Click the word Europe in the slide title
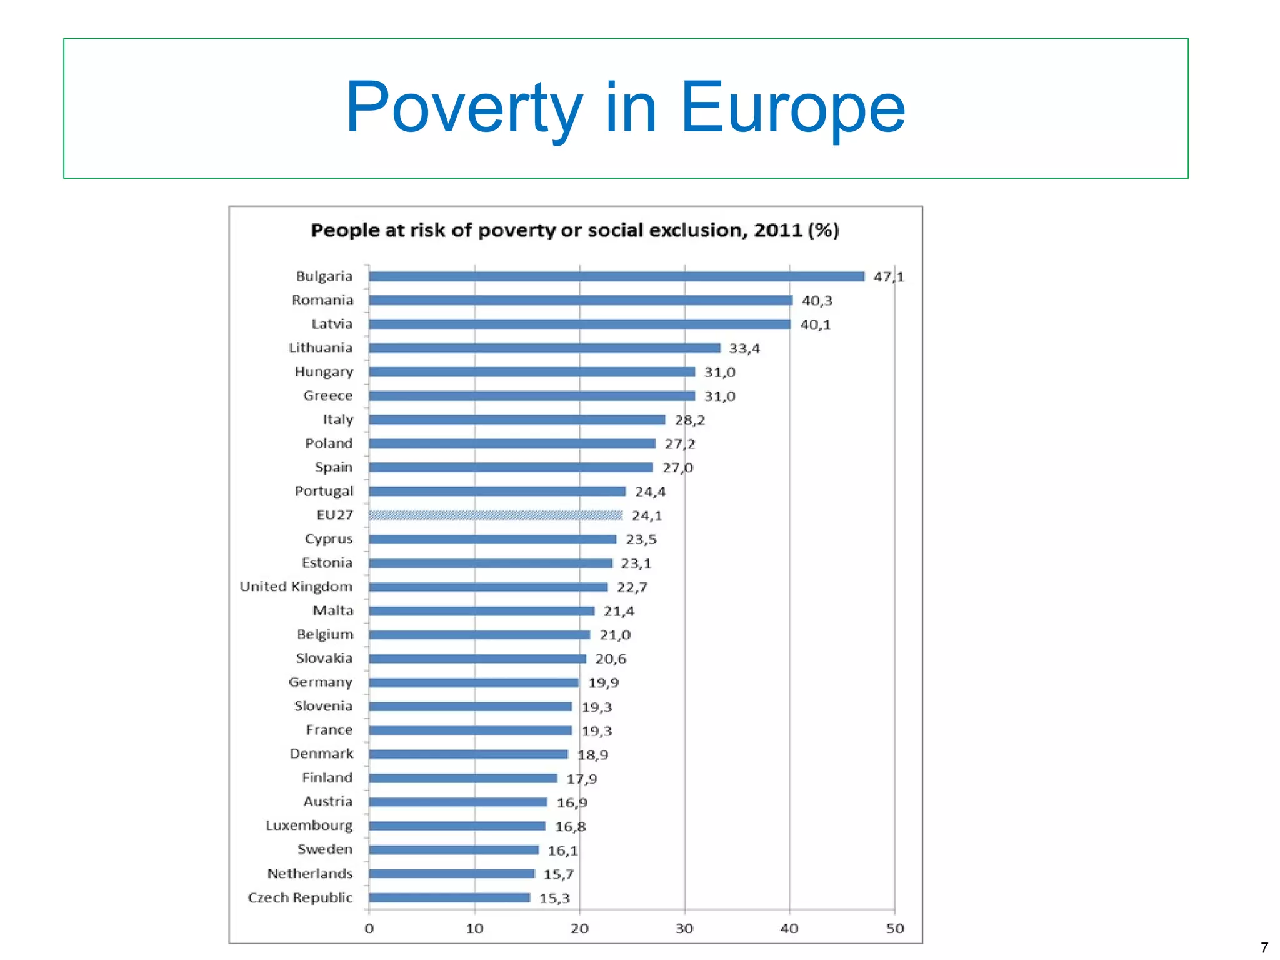pos(792,108)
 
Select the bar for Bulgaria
pos(616,276)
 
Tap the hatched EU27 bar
pos(495,515)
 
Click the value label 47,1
pos(888,276)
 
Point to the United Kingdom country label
pos(296,587)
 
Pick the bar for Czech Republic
pos(449,897)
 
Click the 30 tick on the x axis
pos(684,929)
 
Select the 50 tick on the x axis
pos(894,929)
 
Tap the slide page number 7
pos(1264,947)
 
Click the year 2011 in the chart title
pos(777,230)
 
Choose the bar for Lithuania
pos(544,348)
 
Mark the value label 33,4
pos(744,348)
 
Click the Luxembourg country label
pos(309,826)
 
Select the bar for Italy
pos(516,420)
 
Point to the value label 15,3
pos(554,898)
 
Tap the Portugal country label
pos(323,492)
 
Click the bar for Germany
pos(473,682)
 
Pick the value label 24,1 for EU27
pos(646,516)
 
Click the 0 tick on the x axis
pos(369,929)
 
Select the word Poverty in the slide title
pos(464,108)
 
